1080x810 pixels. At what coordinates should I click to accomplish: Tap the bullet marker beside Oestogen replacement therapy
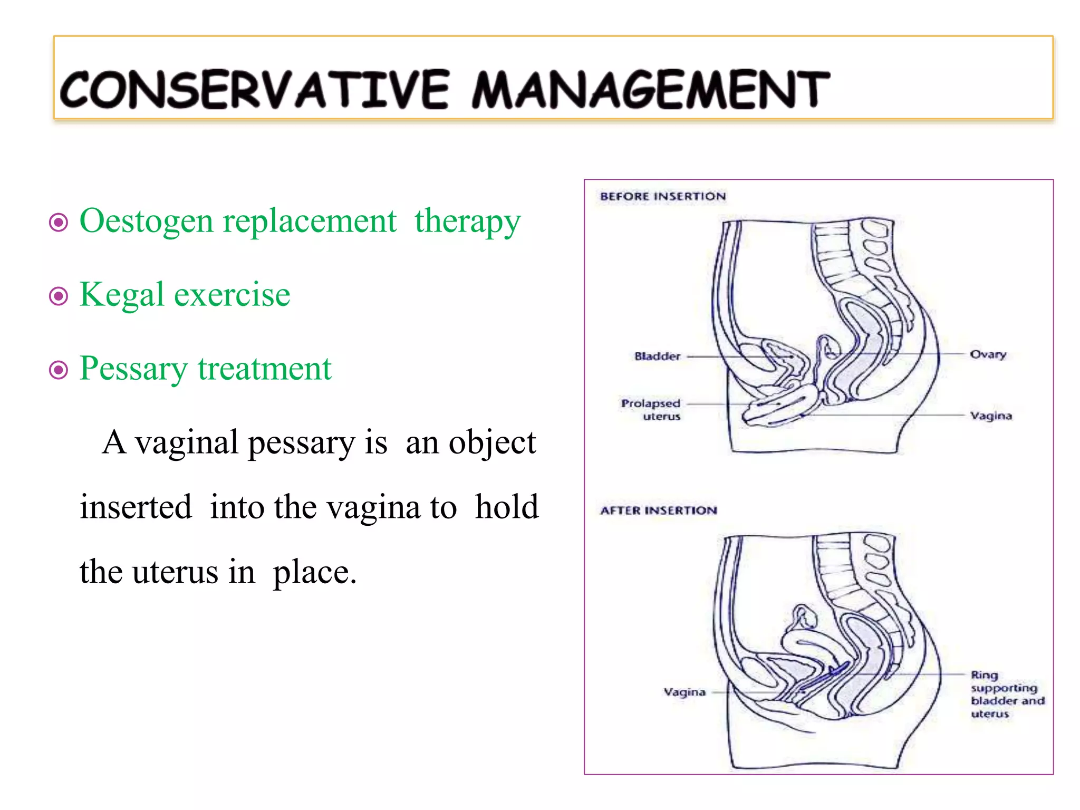click(x=59, y=222)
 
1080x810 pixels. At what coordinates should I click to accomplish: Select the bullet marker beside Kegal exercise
click(x=59, y=296)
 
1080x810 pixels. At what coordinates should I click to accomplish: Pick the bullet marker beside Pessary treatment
click(x=59, y=370)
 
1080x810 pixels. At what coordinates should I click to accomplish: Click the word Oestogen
click(x=146, y=221)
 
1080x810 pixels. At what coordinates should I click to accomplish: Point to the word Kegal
click(x=122, y=295)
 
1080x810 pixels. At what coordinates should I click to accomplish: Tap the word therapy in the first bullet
click(x=467, y=221)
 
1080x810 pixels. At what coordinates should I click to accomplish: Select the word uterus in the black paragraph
click(x=175, y=572)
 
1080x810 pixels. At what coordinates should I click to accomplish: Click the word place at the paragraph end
click(x=314, y=573)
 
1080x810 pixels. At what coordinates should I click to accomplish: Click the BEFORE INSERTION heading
click(x=663, y=196)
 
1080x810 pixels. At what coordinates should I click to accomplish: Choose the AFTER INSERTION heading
click(x=659, y=510)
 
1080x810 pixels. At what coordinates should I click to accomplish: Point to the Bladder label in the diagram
click(x=657, y=356)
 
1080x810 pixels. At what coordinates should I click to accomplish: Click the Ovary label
click(x=988, y=354)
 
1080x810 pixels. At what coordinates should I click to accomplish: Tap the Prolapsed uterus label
click(x=651, y=410)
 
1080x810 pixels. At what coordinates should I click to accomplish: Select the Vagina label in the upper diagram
click(x=991, y=416)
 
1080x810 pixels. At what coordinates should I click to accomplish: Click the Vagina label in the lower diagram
click(x=684, y=692)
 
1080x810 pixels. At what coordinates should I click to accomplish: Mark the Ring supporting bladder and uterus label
click(x=1006, y=694)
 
